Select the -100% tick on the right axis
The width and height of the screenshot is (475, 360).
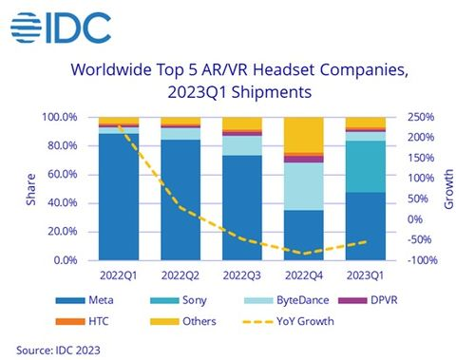click(x=422, y=260)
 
